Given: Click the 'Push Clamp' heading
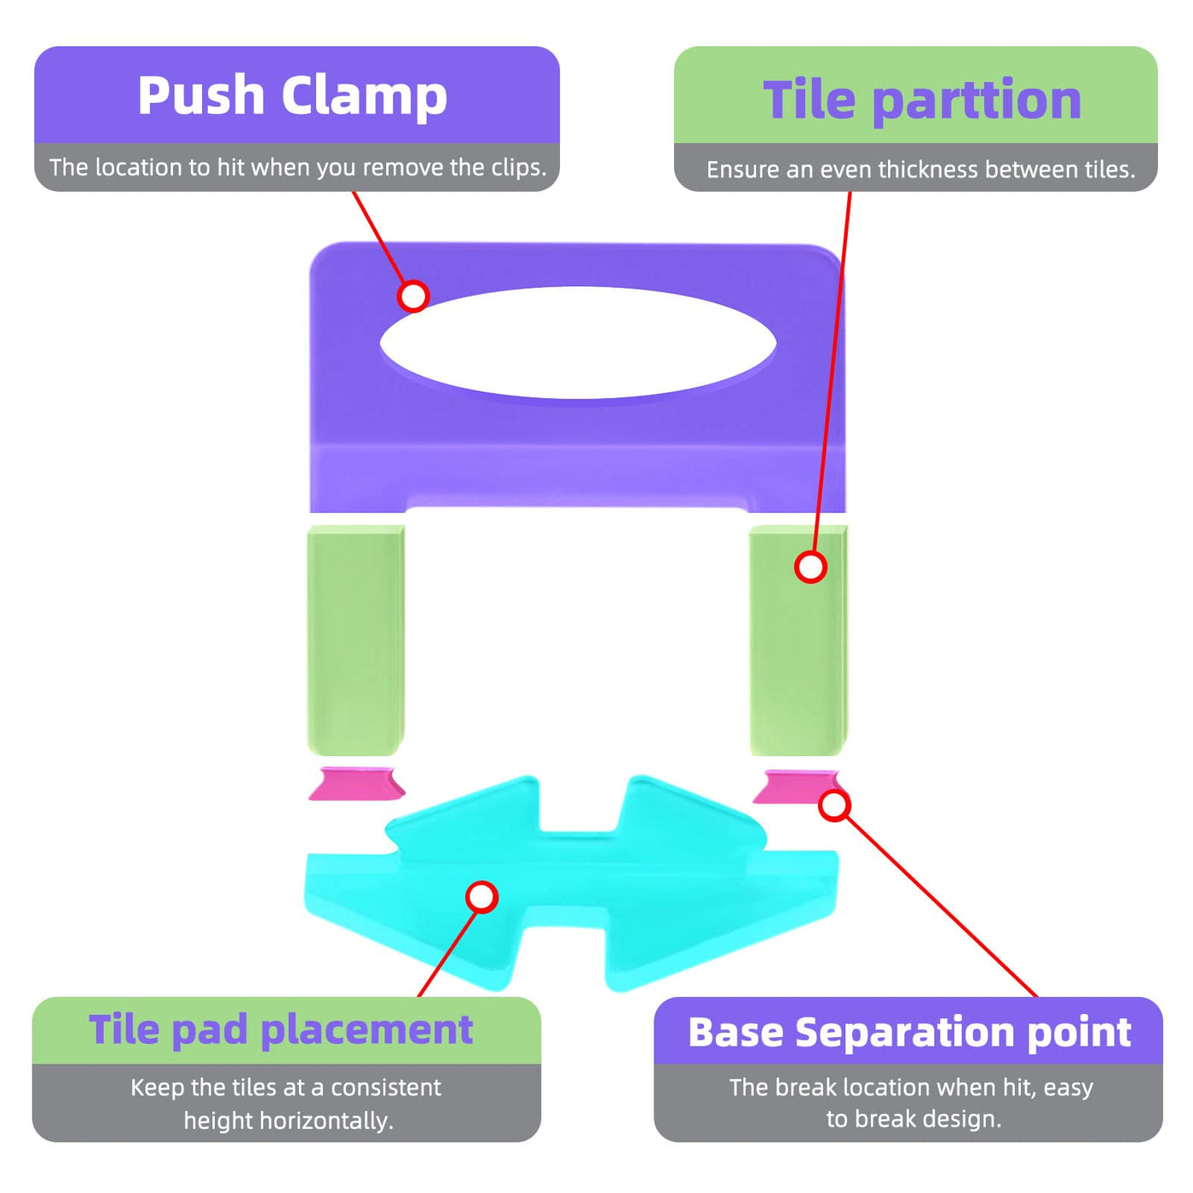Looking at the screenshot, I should pos(292,95).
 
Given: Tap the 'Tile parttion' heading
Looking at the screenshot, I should pos(922,100).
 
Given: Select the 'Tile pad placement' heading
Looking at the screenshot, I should pos(280,1029).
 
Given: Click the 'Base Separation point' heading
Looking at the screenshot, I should pos(909,1032).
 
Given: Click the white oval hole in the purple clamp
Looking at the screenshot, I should pos(578,342).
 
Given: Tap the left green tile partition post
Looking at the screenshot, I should pos(354,639).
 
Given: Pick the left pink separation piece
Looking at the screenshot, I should pos(356,784).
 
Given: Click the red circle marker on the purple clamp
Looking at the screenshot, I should pos(413,296).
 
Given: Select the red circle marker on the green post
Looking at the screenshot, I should pos(810,567).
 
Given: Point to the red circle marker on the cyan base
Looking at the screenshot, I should pos(482,896).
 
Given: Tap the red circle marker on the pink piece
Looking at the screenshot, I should pos(834,805).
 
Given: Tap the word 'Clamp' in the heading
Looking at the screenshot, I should pos(364,95).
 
